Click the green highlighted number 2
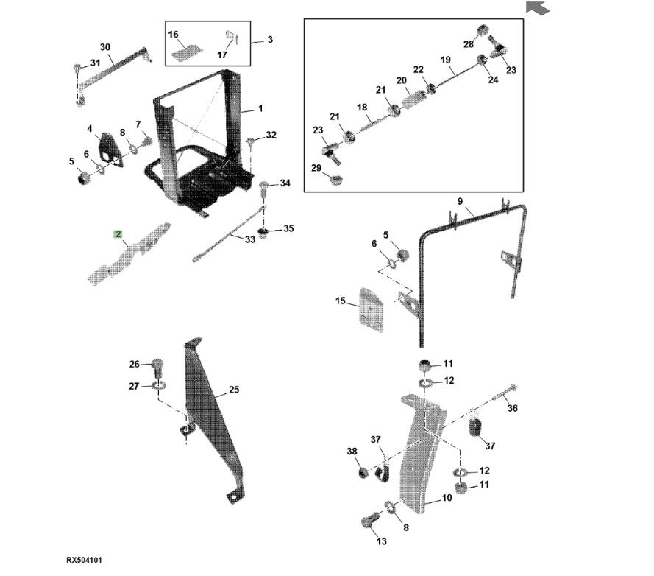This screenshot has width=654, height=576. (x=118, y=234)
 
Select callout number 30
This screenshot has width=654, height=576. (x=105, y=47)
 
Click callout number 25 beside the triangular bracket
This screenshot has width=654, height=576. (x=234, y=390)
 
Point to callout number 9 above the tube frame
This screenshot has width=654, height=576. (x=460, y=201)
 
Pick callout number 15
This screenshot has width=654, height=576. (x=340, y=301)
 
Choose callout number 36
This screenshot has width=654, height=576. (x=513, y=408)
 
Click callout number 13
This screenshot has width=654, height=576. (x=381, y=541)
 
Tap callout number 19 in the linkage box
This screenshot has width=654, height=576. (x=445, y=60)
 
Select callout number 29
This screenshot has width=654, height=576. (x=317, y=169)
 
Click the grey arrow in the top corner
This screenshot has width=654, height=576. (x=538, y=8)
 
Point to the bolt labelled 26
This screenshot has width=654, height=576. (x=157, y=365)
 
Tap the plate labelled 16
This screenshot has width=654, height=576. (x=187, y=51)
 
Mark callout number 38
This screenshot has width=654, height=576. (x=352, y=451)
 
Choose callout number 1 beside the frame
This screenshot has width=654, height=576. (x=260, y=109)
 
